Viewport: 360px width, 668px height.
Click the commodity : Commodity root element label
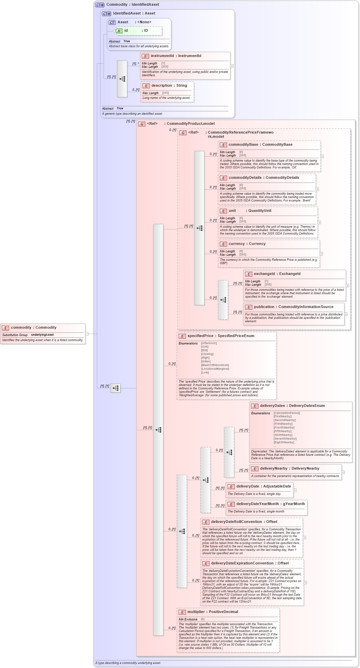pos(33,327)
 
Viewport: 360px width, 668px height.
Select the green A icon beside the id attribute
pos(119,31)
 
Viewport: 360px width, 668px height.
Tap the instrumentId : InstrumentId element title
pos(176,56)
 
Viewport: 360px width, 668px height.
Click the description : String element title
pos(169,85)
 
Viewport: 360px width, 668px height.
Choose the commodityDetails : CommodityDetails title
pos(264,177)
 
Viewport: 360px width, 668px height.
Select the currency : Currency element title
pos(247,244)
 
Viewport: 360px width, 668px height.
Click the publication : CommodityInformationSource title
pos(294,307)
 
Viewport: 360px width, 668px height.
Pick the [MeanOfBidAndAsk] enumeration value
pos(215,365)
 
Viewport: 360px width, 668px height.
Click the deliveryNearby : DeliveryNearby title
pos(289,468)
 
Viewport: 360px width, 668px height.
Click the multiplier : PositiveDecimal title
pos(213,612)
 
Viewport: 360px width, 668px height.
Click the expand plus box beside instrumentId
pos(232,66)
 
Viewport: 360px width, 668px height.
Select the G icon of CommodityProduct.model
pos(142,124)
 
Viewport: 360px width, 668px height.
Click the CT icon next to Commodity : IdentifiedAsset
pos(100,5)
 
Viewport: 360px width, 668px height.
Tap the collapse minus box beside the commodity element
pos(87,334)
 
